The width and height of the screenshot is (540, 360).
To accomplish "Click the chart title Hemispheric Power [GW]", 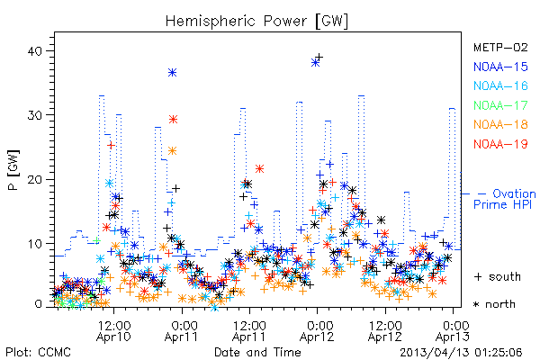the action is [256, 21].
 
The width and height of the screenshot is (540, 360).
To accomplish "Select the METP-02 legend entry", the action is [500, 47].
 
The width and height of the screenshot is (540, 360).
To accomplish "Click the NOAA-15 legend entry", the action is [500, 67].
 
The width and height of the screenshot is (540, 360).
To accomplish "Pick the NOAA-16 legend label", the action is [500, 85].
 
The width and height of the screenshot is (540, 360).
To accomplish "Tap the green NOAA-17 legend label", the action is [500, 105].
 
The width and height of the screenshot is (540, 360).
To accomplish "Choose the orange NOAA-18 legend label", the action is [500, 124].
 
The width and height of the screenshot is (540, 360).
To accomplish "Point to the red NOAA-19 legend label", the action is [500, 144].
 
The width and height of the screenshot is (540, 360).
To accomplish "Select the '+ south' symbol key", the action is [498, 276].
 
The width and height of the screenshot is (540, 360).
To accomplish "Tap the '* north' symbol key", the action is [494, 304].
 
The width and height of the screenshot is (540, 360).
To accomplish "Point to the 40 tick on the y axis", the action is [34, 51].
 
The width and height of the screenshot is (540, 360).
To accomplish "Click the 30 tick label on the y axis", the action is [34, 115].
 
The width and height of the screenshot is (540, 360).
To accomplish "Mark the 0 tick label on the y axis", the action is [39, 304].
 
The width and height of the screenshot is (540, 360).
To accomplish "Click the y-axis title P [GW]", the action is [13, 170].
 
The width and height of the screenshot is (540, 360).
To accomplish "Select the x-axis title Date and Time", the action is [257, 353].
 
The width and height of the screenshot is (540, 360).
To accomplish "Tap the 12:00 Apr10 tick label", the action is [113, 331].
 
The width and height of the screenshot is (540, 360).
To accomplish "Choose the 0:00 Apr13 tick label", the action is [453, 331].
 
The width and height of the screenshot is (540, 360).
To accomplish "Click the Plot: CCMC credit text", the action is [38, 353].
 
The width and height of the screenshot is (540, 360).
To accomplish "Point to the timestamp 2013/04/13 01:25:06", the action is [461, 353].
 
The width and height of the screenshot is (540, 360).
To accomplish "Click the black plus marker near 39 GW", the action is [319, 57].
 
